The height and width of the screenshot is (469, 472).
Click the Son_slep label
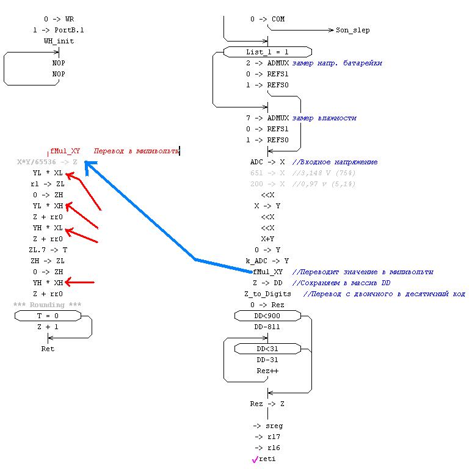(x=352, y=30)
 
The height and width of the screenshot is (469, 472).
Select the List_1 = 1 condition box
(x=267, y=52)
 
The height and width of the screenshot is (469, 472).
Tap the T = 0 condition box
(x=47, y=316)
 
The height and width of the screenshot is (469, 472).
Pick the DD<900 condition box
(x=267, y=316)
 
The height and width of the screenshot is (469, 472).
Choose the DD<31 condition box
(x=267, y=349)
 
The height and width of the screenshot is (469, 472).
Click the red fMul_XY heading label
(x=65, y=151)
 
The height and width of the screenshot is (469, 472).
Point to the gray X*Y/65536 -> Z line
(x=47, y=162)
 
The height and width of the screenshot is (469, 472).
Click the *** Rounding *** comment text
(x=47, y=305)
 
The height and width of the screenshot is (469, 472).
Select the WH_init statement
(x=59, y=41)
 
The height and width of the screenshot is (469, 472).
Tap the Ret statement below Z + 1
(x=47, y=349)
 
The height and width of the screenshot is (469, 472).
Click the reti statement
(x=267, y=459)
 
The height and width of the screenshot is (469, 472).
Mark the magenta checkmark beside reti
(x=255, y=460)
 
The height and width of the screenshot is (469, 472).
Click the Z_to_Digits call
(x=267, y=294)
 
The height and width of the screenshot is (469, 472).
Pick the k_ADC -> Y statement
(x=267, y=261)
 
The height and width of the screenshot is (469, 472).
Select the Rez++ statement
(x=267, y=371)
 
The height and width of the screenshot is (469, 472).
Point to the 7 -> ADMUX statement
(x=267, y=118)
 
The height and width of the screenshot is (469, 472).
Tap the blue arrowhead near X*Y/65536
(x=88, y=163)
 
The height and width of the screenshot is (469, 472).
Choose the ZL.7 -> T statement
(x=48, y=250)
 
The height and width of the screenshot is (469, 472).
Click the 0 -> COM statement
(x=267, y=19)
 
